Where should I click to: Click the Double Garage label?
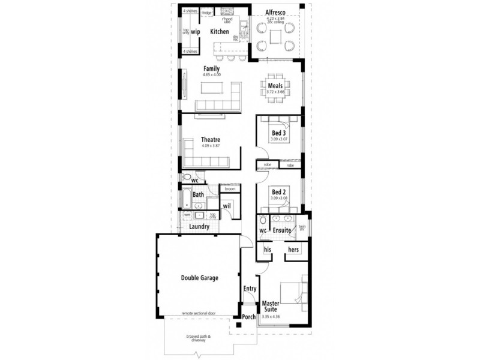200,278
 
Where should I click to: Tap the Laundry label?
199,227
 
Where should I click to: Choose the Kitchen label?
219,31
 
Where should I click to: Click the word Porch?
249,317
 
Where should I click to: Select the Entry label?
250,289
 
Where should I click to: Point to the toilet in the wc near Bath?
187,178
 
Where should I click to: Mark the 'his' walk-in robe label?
268,250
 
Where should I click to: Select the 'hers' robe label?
294,250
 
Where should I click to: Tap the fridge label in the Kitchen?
207,12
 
